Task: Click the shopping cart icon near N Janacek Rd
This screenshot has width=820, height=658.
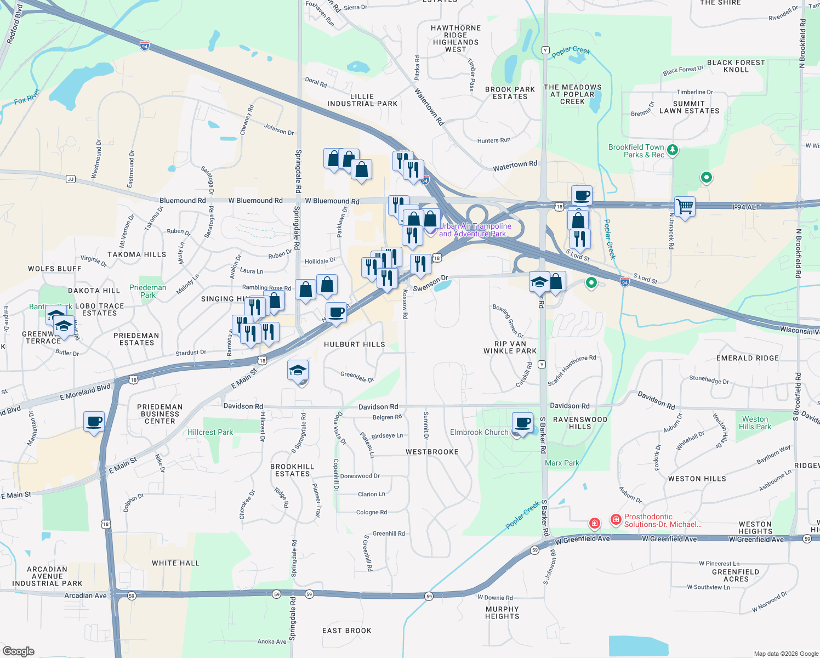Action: [685, 207]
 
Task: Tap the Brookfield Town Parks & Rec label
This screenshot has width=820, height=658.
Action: [636, 151]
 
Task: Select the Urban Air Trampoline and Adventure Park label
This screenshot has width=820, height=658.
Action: [475, 230]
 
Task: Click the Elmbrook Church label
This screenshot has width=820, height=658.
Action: [479, 432]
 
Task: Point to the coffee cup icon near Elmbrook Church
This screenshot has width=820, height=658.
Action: [523, 423]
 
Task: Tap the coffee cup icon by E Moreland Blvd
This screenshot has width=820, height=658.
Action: [94, 422]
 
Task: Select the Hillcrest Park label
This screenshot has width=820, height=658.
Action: [210, 432]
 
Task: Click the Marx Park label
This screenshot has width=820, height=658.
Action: [562, 463]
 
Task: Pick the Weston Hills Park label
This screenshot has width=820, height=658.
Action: [755, 423]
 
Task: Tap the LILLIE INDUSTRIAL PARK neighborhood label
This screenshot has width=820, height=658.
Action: [362, 100]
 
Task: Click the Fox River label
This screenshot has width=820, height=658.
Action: [27, 97]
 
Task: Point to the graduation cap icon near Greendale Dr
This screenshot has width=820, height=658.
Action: [298, 371]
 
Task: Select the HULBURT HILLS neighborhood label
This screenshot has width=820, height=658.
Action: [355, 344]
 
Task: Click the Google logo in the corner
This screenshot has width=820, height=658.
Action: [18, 651]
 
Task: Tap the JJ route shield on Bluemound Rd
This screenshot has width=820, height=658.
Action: [70, 179]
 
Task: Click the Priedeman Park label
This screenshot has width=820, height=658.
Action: [148, 291]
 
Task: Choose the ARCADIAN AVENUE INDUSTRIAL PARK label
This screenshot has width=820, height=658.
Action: [47, 576]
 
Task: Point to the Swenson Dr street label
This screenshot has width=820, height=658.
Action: [430, 284]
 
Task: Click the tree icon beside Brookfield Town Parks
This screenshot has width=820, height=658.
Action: [673, 150]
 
